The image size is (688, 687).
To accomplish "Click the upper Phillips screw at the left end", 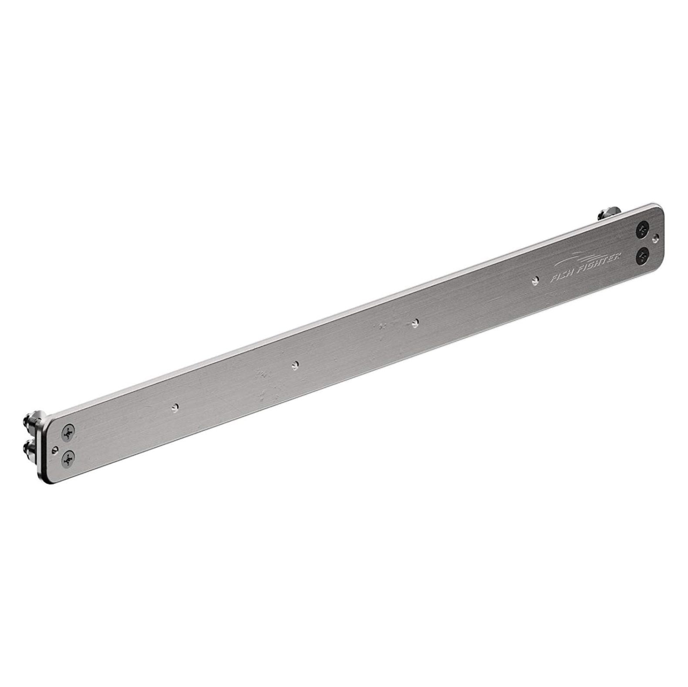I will click(68, 434).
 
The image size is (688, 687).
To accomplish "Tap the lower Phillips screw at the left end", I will click(68, 457).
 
